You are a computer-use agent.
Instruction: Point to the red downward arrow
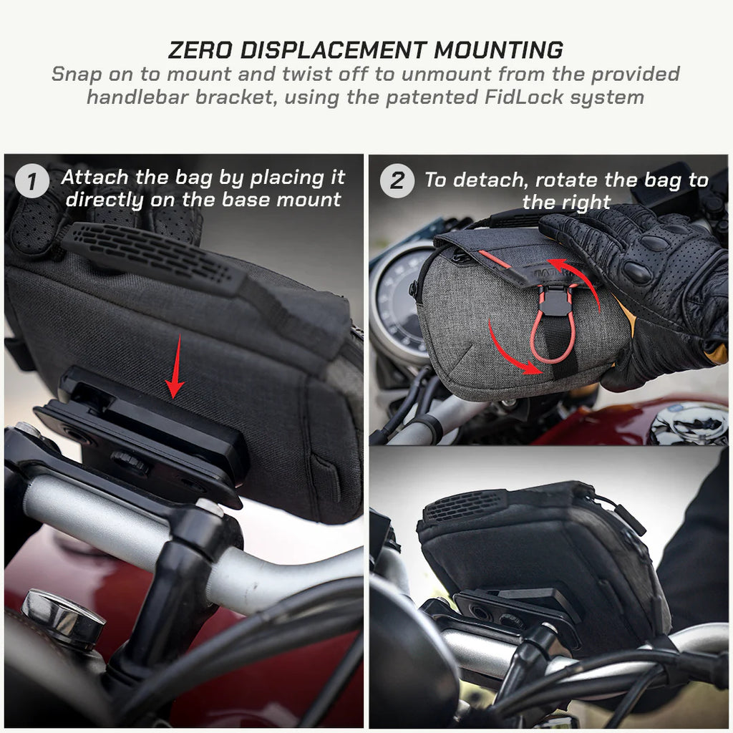click(175, 378)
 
